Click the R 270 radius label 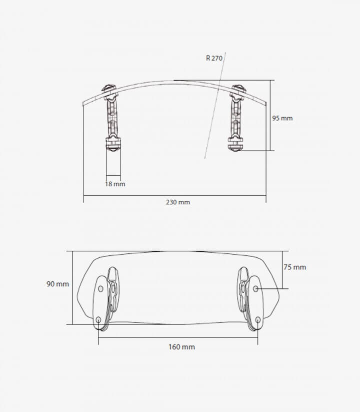point(214,58)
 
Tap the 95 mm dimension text point(282,118)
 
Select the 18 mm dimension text point(115,184)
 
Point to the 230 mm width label point(178,202)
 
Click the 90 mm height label point(57,284)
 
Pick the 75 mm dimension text point(295,267)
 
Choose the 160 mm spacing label point(181,347)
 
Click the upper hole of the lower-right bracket point(255,289)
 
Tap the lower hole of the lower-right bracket point(258,320)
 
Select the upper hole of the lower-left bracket point(100,289)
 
